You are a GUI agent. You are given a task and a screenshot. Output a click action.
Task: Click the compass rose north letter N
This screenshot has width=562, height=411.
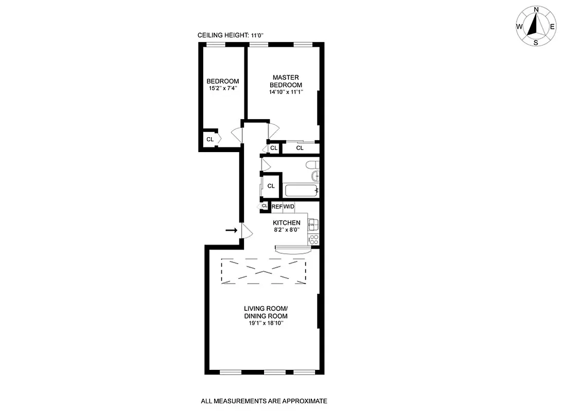tap(536, 9)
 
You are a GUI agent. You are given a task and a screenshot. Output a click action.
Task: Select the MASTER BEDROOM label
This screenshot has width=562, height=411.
tap(286, 81)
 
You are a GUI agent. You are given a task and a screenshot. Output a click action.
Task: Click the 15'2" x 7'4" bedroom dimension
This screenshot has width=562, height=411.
tap(222, 88)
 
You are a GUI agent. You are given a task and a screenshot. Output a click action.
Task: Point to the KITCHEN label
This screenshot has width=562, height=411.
tap(286, 222)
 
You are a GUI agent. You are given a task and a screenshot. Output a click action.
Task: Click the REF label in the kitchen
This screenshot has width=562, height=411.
tap(277, 207)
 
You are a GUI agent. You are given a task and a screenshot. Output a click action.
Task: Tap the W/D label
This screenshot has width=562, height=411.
tap(289, 207)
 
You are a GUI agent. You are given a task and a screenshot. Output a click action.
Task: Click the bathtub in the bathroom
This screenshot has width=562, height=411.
tap(302, 191)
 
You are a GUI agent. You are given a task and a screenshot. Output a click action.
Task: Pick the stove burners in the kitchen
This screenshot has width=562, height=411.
tap(313, 238)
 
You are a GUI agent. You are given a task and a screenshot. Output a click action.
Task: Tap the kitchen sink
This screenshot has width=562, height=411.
tap(313, 225)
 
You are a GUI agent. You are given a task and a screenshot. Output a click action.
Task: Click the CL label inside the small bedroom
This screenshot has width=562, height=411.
tap(210, 139)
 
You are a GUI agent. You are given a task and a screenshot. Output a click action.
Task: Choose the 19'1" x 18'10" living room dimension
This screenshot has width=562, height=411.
tap(266, 324)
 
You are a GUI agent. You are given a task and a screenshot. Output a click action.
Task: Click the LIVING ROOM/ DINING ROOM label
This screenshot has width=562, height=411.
tap(266, 312)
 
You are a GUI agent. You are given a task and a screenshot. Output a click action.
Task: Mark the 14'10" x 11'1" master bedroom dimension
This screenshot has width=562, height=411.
tap(286, 92)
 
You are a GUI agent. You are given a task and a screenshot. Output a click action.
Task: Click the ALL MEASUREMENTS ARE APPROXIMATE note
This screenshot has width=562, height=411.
tap(264, 401)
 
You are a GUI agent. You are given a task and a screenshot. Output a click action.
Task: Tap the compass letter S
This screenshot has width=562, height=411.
tap(536, 43)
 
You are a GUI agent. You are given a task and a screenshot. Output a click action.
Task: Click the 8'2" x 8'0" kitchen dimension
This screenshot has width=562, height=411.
tap(286, 230)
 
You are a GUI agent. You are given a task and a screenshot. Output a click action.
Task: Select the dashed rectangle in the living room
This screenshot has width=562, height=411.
tap(263, 270)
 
